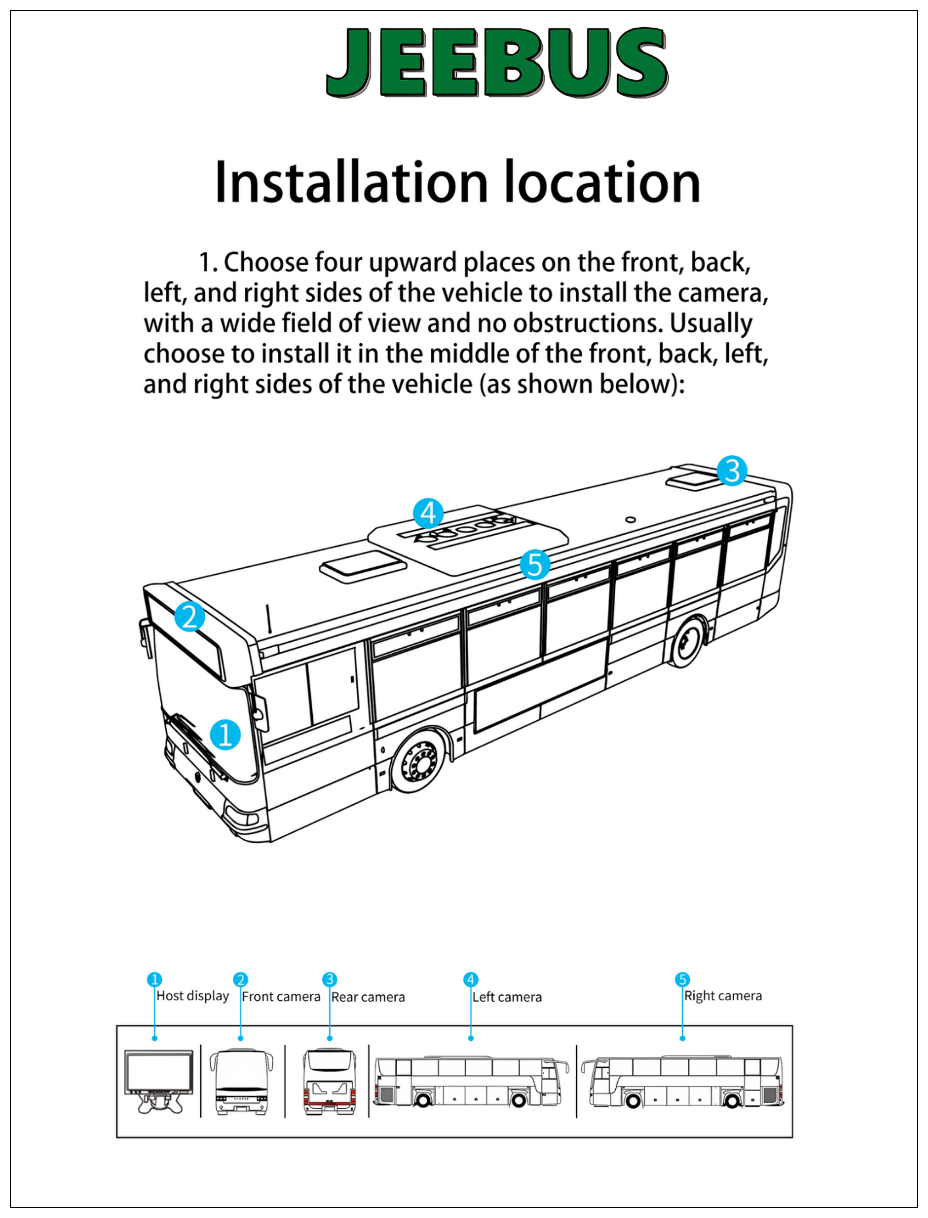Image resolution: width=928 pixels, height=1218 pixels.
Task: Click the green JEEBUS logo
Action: coord(497,62)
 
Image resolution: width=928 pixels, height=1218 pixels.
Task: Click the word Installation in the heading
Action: coord(352,182)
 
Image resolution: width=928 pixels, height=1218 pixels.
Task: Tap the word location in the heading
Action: coord(602,182)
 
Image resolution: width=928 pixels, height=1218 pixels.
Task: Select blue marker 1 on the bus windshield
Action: coord(225,735)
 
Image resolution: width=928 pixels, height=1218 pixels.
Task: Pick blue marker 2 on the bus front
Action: coord(189,617)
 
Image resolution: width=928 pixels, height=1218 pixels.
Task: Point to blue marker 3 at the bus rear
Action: coord(731,470)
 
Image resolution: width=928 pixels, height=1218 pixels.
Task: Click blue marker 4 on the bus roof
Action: coord(428,513)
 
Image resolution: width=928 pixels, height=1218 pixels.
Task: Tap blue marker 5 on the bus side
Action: coord(534,565)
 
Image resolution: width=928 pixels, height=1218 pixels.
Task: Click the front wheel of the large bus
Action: coord(418,762)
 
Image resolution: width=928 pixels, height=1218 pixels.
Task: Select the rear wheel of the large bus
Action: coord(687,641)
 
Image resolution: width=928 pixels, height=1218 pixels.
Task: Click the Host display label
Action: coord(193,996)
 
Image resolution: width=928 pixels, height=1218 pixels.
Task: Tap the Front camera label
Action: coord(281,996)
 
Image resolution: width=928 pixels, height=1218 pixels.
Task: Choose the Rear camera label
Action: coord(368,997)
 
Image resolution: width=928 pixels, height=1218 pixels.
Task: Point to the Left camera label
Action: coord(507,997)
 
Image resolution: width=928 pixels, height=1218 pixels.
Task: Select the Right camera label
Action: coord(723,996)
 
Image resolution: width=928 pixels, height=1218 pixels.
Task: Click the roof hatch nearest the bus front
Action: coord(363,566)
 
